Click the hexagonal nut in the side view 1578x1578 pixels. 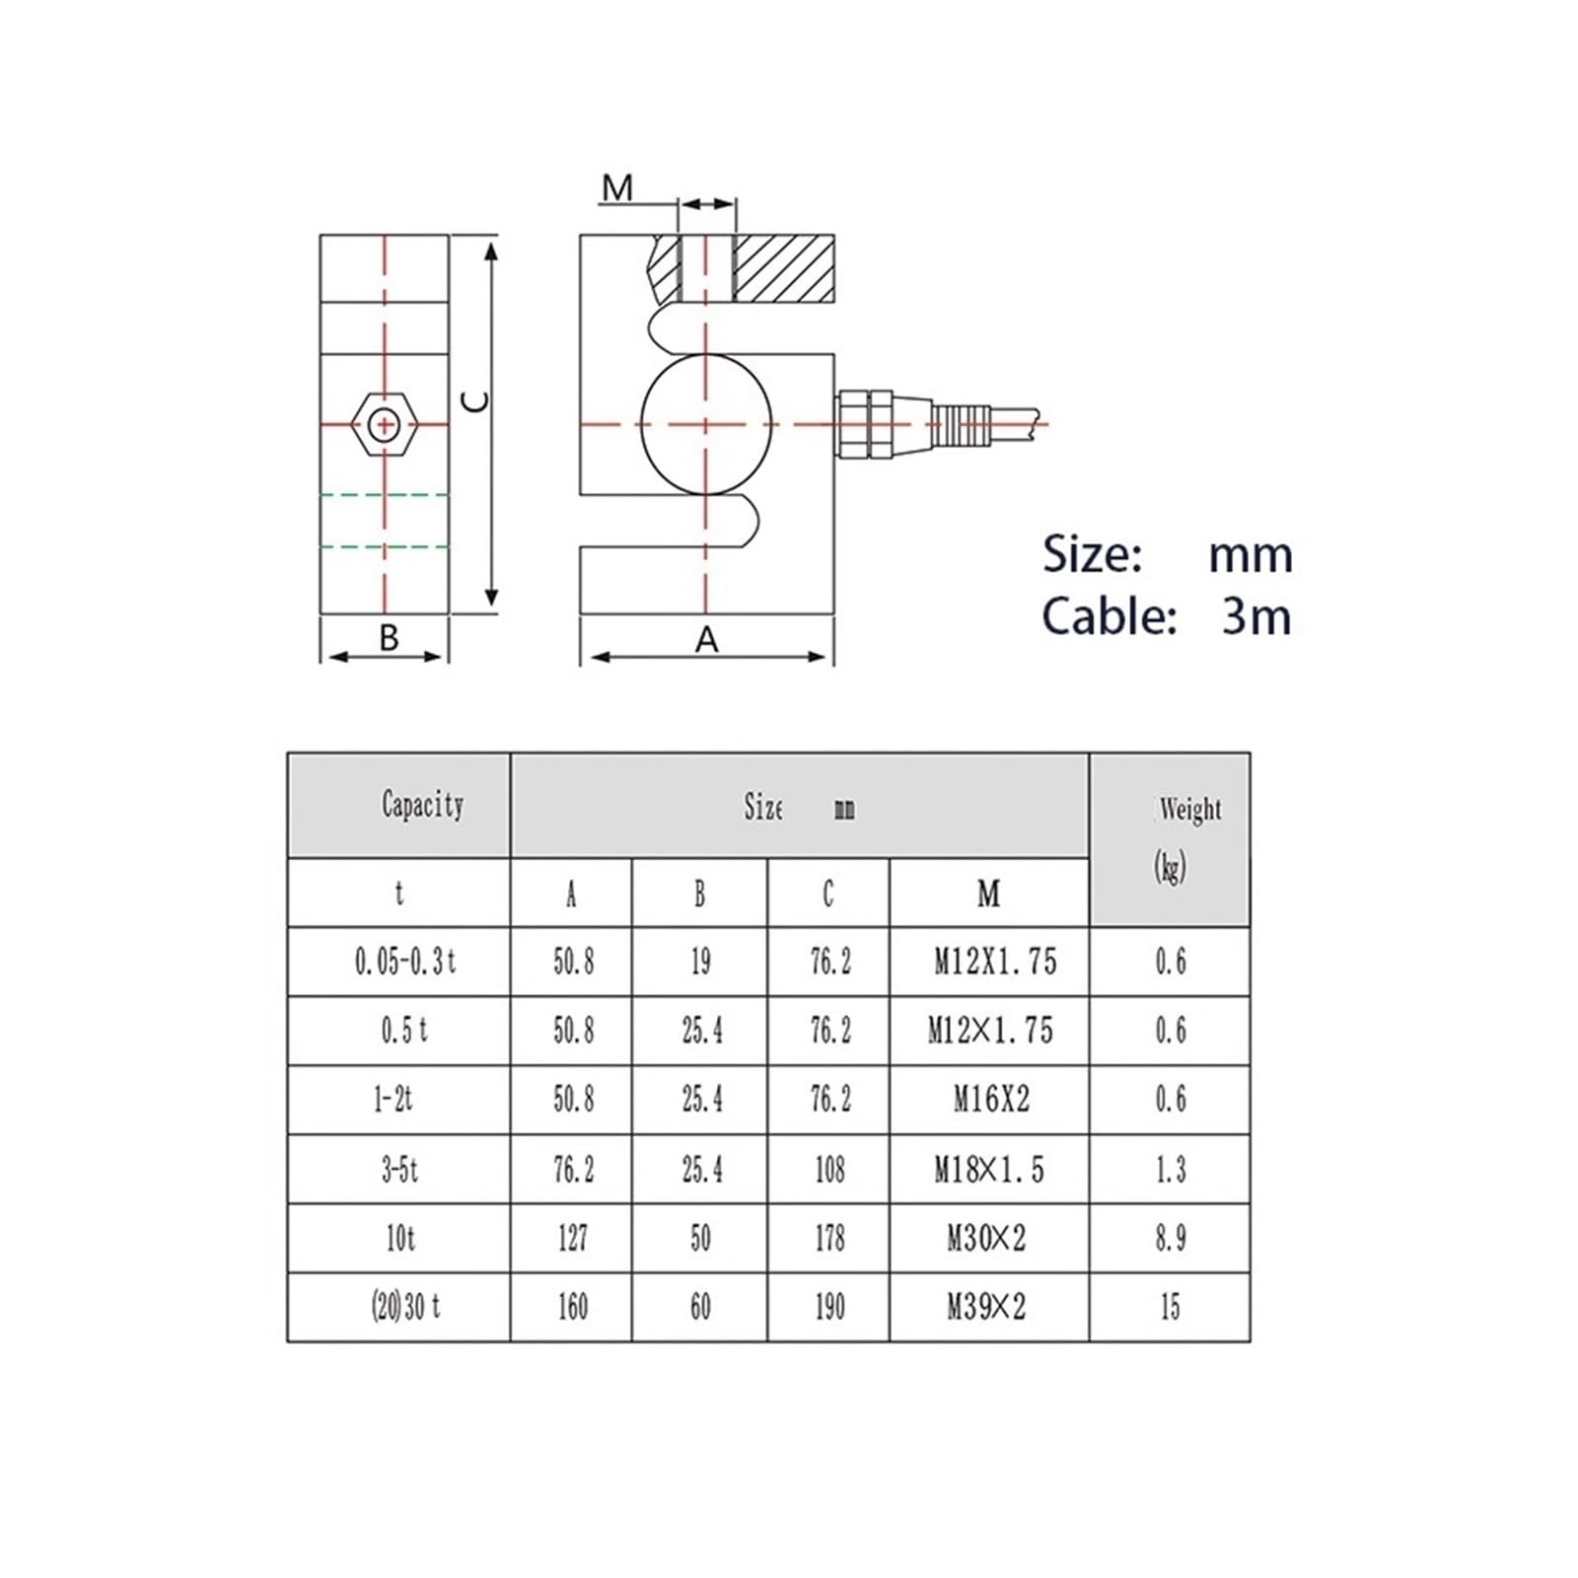point(385,425)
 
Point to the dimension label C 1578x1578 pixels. point(476,400)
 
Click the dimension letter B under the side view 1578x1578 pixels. point(389,638)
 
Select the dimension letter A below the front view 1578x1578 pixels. point(706,640)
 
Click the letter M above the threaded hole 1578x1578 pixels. point(617,187)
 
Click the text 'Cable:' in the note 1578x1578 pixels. point(1109,616)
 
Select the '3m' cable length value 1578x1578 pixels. point(1256,616)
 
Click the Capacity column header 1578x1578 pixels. point(422,805)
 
